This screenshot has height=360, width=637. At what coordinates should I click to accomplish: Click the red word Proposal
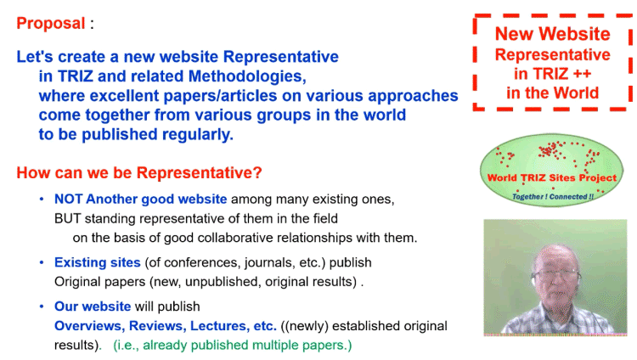[51, 24]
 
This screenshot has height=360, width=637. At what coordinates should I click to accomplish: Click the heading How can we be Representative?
[139, 172]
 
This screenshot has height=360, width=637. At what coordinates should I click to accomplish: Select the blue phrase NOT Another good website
[140, 199]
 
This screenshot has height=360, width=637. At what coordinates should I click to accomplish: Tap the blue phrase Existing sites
[98, 262]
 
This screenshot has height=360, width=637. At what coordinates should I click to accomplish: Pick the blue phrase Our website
[93, 307]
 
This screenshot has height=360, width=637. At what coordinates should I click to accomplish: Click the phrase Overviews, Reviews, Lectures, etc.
[166, 326]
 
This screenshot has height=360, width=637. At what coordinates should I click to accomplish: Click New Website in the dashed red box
[553, 34]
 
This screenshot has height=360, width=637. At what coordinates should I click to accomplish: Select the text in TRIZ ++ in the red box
[553, 74]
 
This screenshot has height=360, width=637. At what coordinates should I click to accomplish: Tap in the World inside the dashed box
[553, 93]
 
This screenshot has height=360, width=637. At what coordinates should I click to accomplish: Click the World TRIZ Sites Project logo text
[552, 178]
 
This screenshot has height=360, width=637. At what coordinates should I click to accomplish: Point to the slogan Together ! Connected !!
[553, 197]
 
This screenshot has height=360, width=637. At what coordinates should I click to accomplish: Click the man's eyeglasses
[556, 275]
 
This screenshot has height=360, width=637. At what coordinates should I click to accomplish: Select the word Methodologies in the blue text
[247, 76]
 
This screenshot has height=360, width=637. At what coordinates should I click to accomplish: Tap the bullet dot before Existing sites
[42, 262]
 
